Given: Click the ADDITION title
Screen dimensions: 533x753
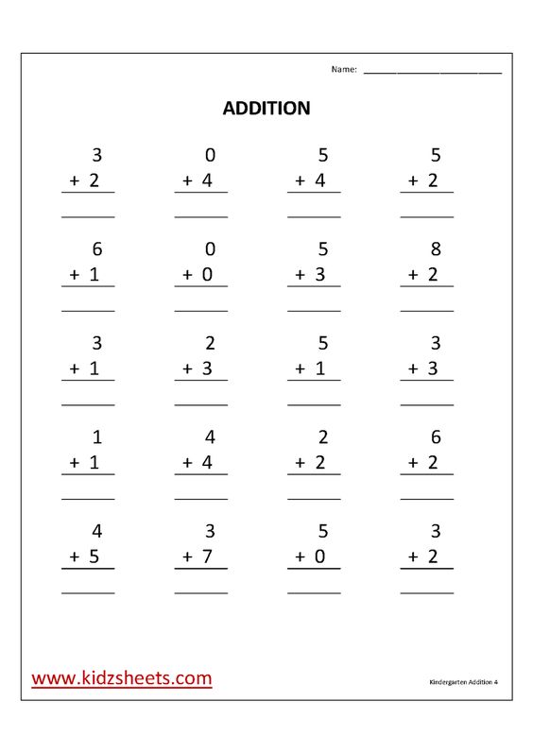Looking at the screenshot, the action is click(x=266, y=109).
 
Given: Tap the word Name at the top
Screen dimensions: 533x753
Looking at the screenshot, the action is click(x=343, y=69).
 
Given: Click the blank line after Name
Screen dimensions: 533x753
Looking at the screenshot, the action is click(x=432, y=72).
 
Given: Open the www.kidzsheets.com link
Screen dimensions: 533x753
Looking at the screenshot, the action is click(x=122, y=677).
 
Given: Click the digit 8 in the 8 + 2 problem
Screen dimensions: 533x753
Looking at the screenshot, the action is click(x=435, y=249).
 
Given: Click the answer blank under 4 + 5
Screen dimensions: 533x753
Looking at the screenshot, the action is click(x=88, y=592).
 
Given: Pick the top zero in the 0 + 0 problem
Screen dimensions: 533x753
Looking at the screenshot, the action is click(x=210, y=249).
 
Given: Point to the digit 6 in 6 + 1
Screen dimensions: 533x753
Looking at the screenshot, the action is click(x=95, y=249).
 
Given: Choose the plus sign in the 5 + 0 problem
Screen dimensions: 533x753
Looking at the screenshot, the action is click(x=301, y=557).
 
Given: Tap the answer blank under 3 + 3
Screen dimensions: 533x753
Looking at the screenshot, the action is click(x=427, y=403).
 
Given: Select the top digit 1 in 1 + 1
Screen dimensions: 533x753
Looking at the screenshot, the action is click(x=95, y=437).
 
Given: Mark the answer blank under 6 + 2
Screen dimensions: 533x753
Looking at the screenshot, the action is click(x=427, y=498).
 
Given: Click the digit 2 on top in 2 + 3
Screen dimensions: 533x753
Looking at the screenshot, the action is click(x=210, y=343).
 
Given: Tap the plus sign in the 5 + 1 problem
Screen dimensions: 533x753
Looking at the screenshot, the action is click(x=301, y=368).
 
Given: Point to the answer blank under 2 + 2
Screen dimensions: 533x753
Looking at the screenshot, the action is click(x=314, y=498).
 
